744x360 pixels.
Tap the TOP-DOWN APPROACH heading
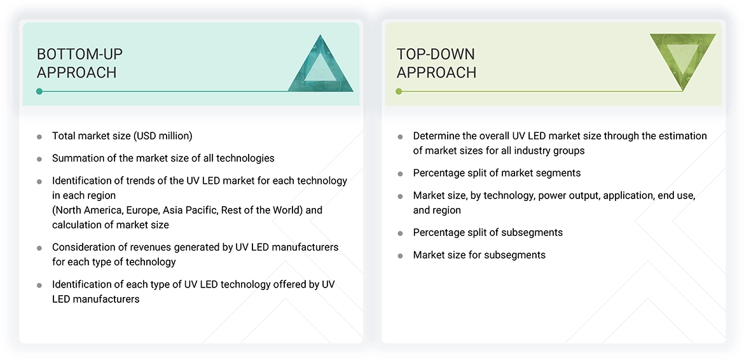pyautogui.click(x=436, y=63)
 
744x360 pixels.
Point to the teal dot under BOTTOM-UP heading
pyautogui.click(x=39, y=92)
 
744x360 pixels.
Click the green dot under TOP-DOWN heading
pyautogui.click(x=399, y=92)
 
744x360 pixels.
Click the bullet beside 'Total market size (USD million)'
pyautogui.click(x=39, y=137)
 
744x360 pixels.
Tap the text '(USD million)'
pyautogui.click(x=162, y=136)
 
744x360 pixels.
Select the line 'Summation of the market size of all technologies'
pyautogui.click(x=163, y=158)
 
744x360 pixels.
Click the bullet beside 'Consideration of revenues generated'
pyautogui.click(x=39, y=247)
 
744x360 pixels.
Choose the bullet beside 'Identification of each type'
pyautogui.click(x=39, y=285)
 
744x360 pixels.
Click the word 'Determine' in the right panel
pyautogui.click(x=437, y=136)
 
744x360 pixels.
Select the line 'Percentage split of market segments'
pyautogui.click(x=497, y=173)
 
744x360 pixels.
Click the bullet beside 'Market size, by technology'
pyautogui.click(x=400, y=197)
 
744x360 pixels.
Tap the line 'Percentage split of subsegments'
pyautogui.click(x=488, y=233)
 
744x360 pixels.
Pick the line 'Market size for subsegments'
pyautogui.click(x=479, y=255)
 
